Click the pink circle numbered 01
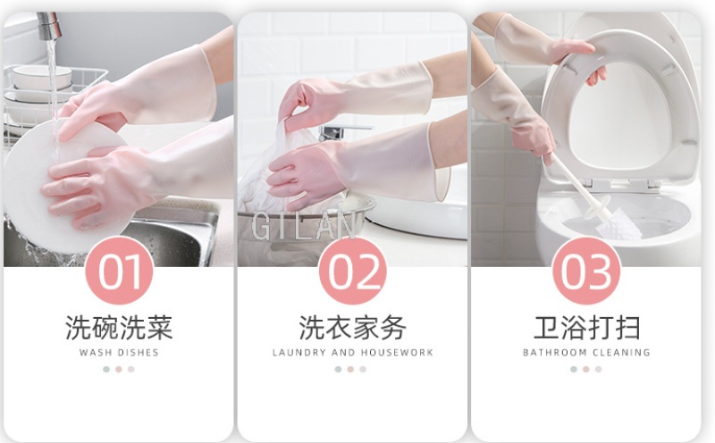click(119, 271)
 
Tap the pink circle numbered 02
click(352, 271)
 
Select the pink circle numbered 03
click(586, 271)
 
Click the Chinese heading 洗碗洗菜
click(119, 328)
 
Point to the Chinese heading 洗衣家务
click(352, 328)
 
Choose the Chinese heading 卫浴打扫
click(587, 328)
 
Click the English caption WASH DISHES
click(119, 352)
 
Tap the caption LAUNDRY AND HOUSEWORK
click(352, 352)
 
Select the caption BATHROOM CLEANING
click(586, 352)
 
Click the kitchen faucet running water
click(49, 27)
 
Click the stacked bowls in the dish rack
click(41, 82)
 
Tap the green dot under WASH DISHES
click(106, 369)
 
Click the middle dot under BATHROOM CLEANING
click(586, 369)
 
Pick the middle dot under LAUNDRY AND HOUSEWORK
click(350, 369)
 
